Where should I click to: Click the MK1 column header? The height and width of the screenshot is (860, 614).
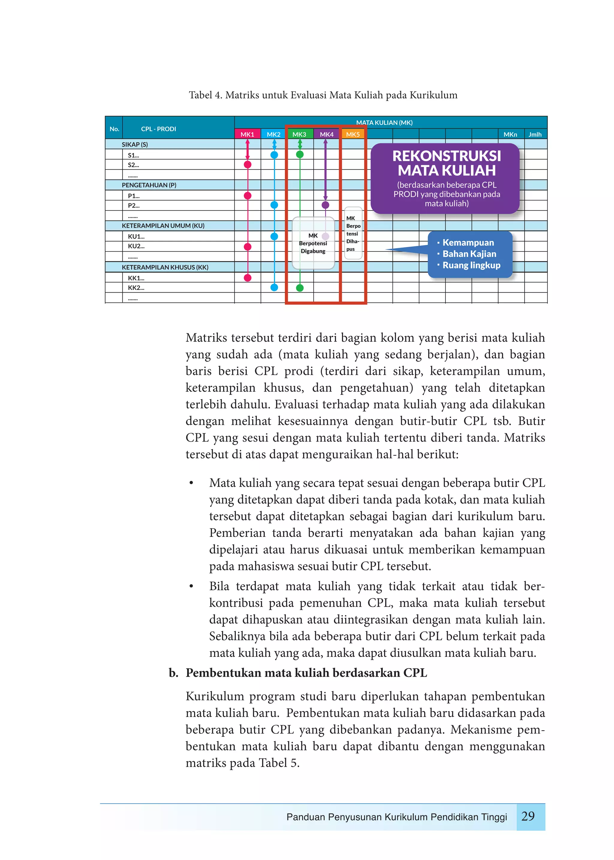(247, 134)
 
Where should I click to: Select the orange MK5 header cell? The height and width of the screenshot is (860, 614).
(353, 134)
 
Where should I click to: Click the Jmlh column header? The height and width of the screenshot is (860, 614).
(535, 134)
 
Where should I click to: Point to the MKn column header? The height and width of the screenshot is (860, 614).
(510, 134)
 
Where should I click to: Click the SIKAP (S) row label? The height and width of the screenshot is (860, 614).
(135, 144)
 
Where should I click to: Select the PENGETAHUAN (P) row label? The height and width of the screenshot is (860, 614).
(149, 185)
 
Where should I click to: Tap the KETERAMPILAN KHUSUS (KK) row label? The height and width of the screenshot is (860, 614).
(165, 267)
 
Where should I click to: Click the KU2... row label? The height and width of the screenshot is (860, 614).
(136, 246)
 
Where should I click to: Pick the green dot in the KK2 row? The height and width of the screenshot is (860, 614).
(300, 288)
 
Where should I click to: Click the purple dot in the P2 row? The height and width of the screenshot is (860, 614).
(325, 205)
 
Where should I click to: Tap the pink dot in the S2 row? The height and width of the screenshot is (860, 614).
(248, 165)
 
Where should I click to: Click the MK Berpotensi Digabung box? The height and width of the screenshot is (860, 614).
(313, 243)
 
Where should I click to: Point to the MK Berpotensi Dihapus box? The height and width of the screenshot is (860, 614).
(353, 233)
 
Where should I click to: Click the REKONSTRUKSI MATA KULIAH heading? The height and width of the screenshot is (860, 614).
(446, 163)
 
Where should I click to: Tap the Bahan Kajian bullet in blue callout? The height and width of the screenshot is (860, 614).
(469, 254)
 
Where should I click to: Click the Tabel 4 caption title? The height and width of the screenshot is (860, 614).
(323, 95)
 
